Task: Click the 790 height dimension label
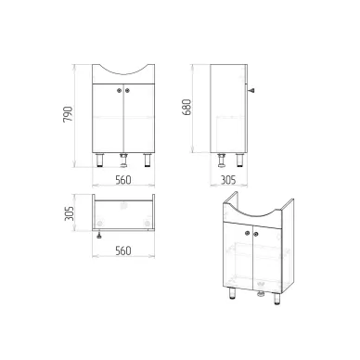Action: point(68,114)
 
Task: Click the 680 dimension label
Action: point(186,107)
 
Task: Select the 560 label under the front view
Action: point(123,180)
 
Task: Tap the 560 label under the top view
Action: point(123,251)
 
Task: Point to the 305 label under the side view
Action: point(228,180)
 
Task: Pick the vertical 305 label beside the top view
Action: point(70,213)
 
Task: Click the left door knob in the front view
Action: point(120,90)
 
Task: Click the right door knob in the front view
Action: point(127,90)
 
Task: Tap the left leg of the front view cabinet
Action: point(100,160)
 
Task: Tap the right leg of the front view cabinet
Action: point(148,160)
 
